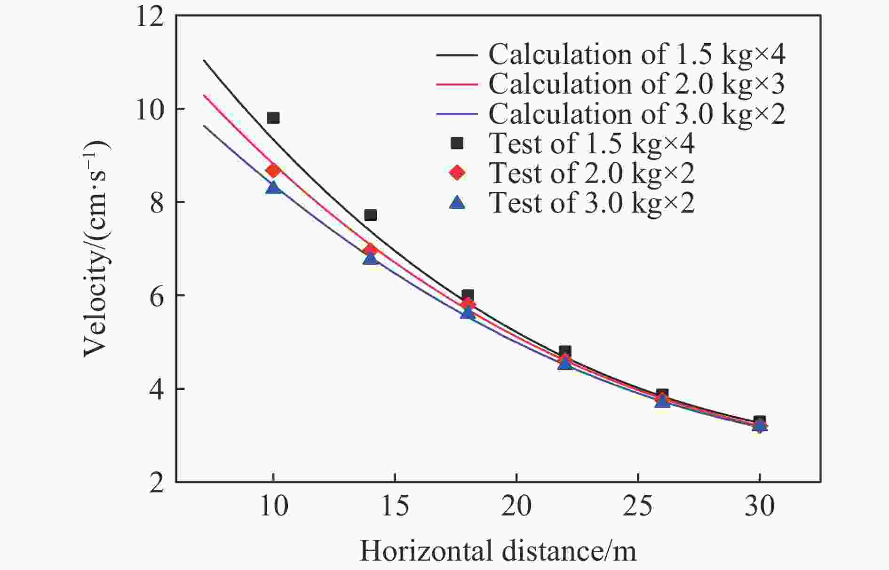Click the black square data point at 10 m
pos(273,118)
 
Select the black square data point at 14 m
pos(370,215)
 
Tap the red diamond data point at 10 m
pos(273,170)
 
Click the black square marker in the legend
pos(457,143)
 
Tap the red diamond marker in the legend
pos(457,173)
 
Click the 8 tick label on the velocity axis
pos(156,202)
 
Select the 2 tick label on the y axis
pos(156,483)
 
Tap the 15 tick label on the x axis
pos(395,507)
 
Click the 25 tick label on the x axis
pos(638,507)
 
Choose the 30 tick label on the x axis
pos(759,507)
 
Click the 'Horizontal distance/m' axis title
pos(498,551)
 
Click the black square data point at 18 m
pos(468,296)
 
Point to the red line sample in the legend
pos(457,84)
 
